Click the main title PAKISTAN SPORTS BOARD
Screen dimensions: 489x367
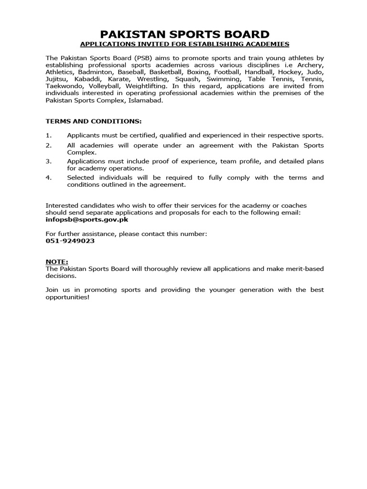click(184, 34)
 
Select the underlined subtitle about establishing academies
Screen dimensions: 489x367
click(184, 44)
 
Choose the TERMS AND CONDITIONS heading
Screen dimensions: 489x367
click(93, 121)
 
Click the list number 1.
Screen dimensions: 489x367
click(48, 136)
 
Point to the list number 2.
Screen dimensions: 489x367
click(48, 145)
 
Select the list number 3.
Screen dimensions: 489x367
click(48, 161)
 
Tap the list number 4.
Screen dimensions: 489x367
click(48, 178)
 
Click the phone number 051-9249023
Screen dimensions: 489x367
click(70, 241)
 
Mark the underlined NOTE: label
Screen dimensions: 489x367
click(57, 262)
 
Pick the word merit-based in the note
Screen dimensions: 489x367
click(304, 269)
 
